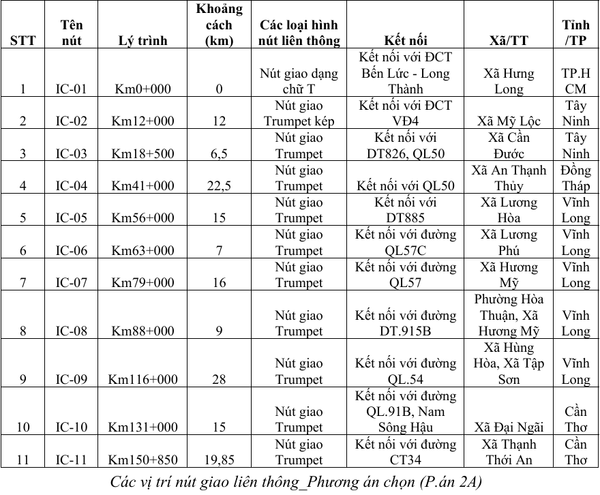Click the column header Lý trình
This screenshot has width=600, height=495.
tap(142, 41)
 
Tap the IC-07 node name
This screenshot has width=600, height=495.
tap(72, 283)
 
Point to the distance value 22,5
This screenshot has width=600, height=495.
tap(219, 186)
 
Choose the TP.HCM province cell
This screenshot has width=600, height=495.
tap(575, 81)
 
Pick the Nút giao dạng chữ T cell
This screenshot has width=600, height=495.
tap(299, 81)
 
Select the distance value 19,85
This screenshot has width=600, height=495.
tap(219, 460)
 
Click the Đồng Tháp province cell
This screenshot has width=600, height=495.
tap(575, 178)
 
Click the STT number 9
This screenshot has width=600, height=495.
tap(23, 380)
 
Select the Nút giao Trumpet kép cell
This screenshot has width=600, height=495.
tap(299, 113)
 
